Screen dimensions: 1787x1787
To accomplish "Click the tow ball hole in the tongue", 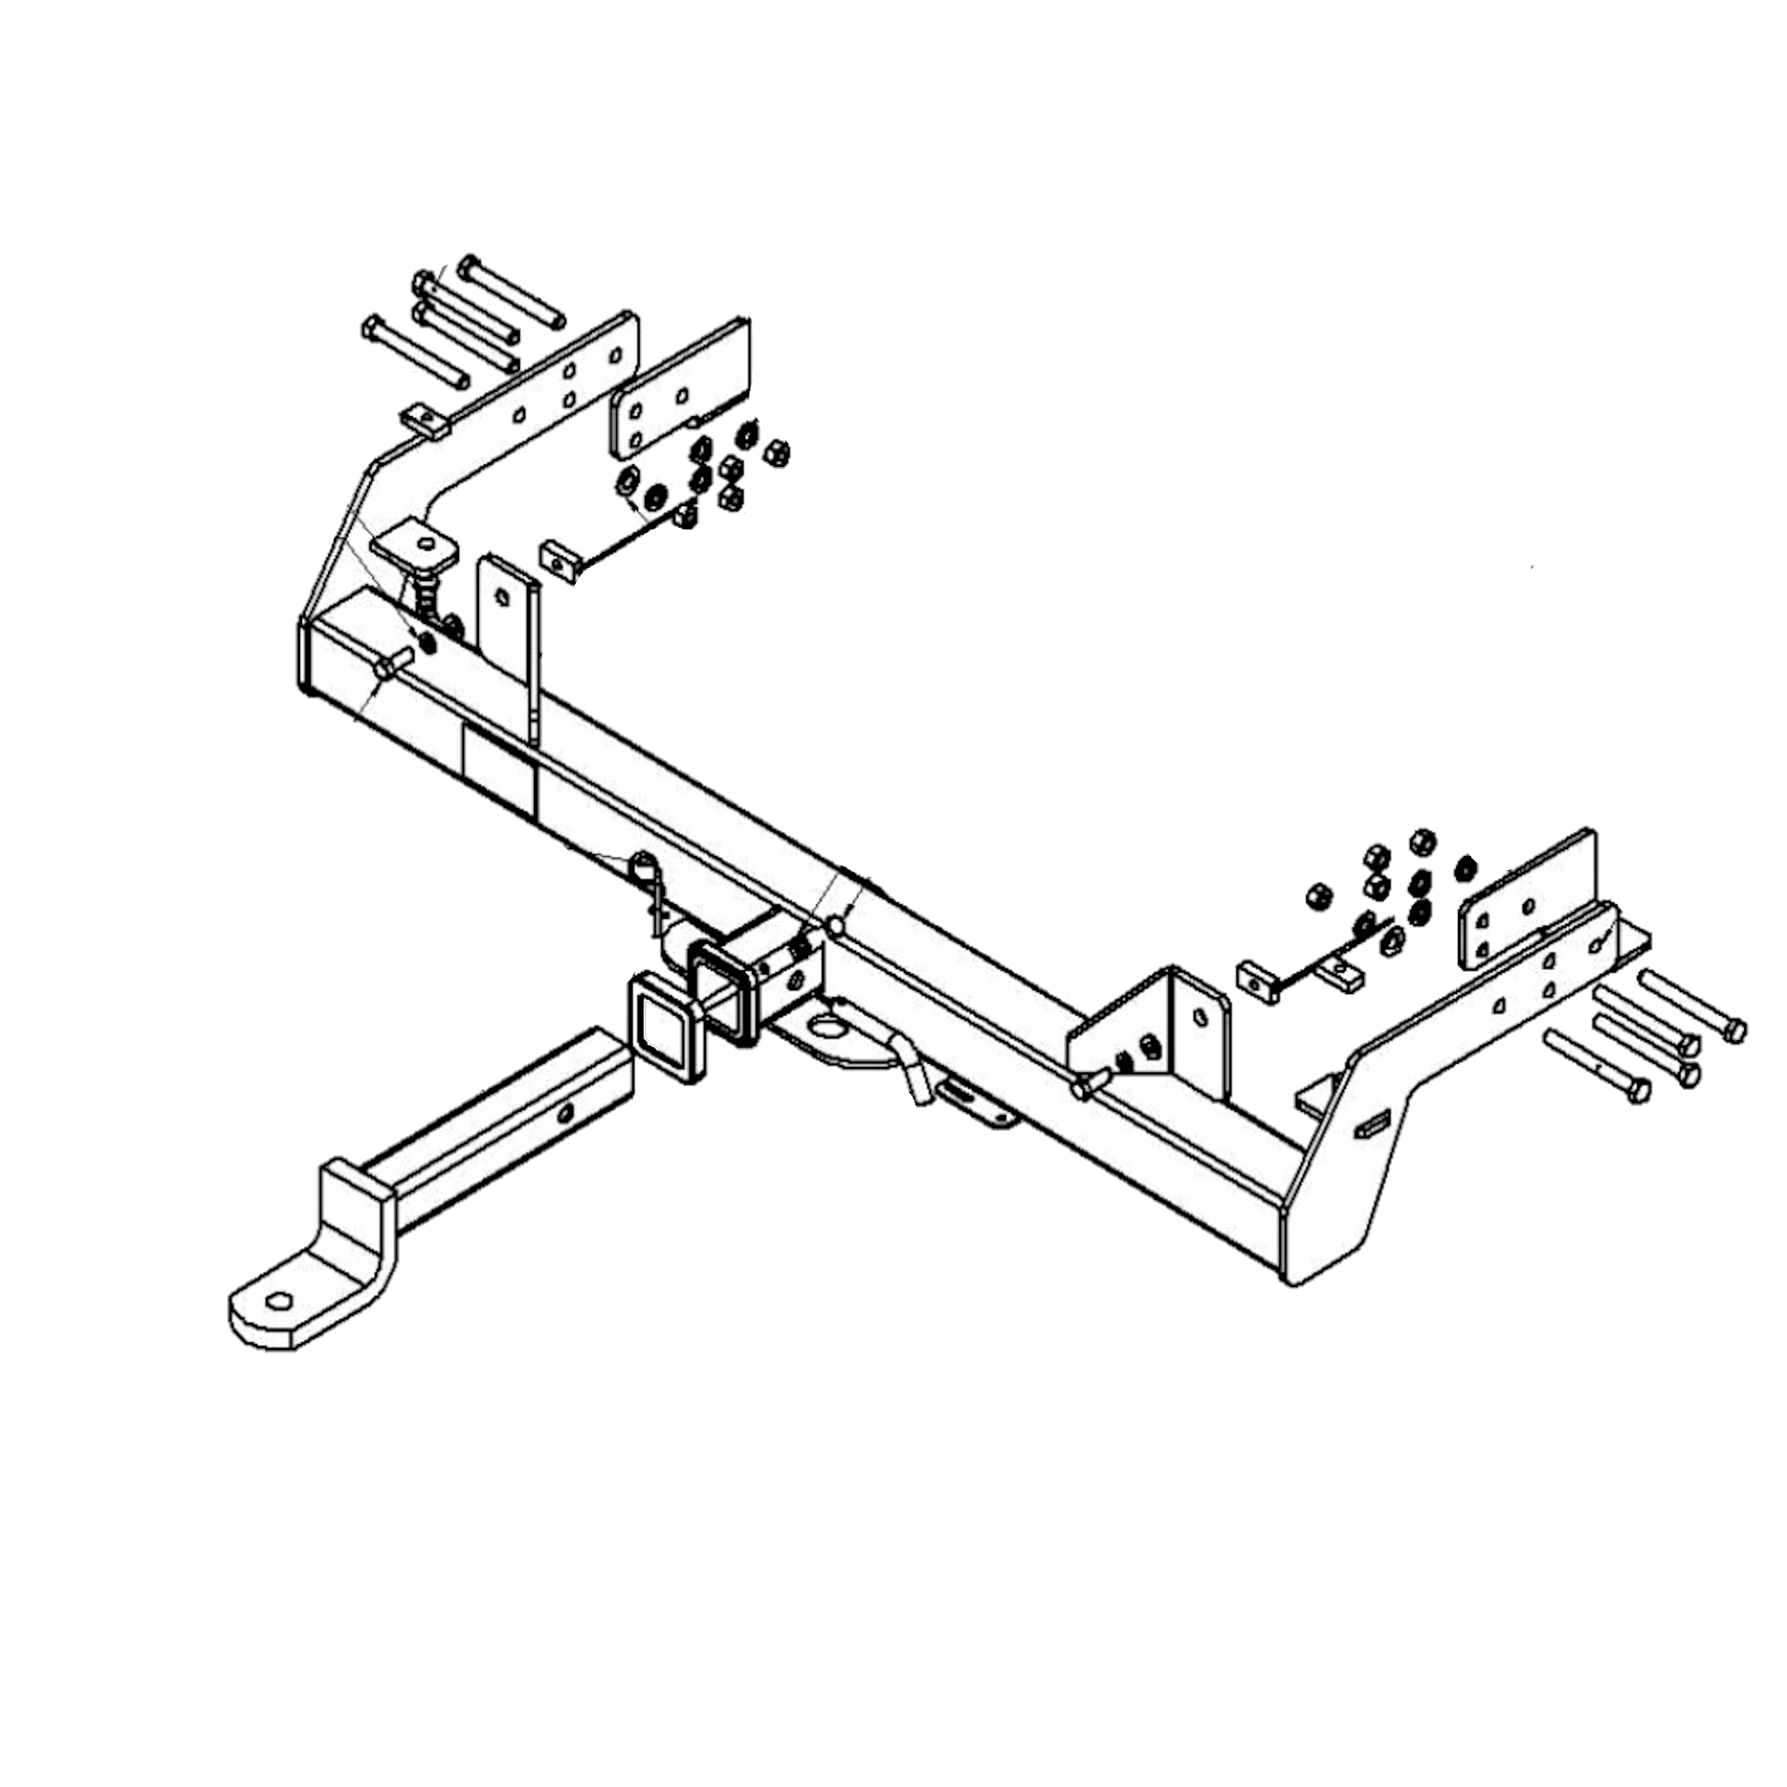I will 278,1300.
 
